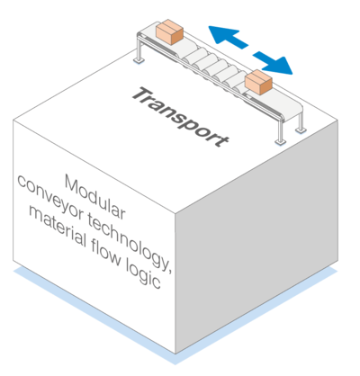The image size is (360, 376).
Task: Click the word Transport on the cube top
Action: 181,117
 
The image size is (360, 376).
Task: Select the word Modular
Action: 95,197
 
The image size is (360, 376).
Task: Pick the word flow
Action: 106,254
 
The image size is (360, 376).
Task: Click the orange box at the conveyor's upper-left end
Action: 169,31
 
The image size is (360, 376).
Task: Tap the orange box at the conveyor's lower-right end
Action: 258,82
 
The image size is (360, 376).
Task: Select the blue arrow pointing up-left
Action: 228,37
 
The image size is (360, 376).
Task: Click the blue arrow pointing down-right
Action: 273,63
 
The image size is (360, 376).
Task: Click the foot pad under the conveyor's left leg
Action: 139,60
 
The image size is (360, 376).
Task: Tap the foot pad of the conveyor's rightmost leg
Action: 301,130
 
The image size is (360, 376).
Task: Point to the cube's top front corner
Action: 175,213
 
